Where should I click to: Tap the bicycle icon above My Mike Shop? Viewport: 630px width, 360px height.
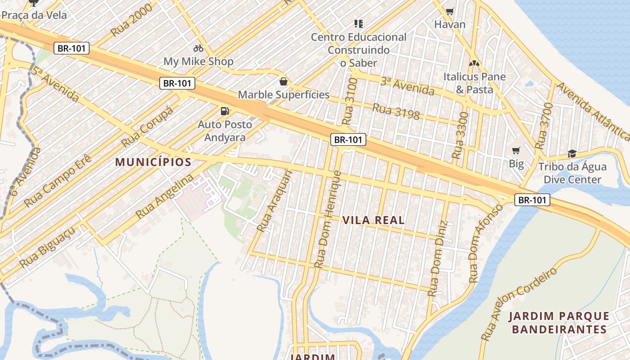(x=198, y=48)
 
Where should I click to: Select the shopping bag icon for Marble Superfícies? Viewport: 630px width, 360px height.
(x=283, y=82)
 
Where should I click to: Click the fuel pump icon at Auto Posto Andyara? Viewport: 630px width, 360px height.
(x=224, y=111)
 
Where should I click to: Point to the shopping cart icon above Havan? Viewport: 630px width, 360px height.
(x=450, y=11)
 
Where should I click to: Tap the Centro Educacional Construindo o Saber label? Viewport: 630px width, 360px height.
(x=359, y=50)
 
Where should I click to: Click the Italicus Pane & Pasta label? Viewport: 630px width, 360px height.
(x=474, y=83)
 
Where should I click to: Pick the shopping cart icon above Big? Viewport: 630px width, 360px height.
(x=516, y=150)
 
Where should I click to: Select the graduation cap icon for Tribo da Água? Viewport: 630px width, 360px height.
(x=572, y=154)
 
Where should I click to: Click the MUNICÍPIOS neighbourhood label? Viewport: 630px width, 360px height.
(x=153, y=162)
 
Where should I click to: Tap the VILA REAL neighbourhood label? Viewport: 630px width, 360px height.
(x=373, y=220)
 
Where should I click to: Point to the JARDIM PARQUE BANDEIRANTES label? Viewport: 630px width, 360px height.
(x=559, y=323)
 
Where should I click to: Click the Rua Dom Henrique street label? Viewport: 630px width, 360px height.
(x=328, y=220)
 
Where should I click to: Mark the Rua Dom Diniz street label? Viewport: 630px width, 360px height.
(x=438, y=258)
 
